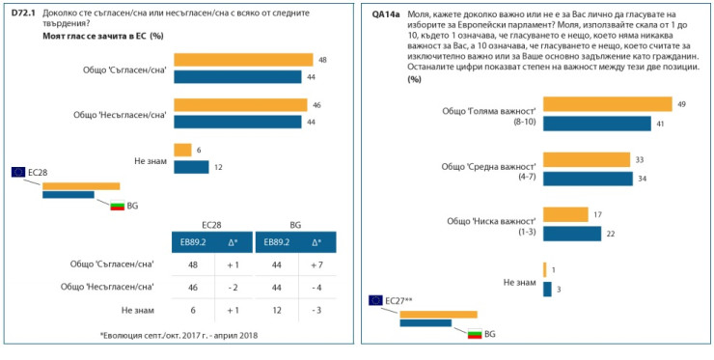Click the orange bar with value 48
point(243,60)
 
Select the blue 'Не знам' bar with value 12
point(191,166)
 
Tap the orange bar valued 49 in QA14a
point(608,104)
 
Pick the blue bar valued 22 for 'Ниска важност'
point(572,234)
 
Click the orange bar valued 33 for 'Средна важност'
point(587,159)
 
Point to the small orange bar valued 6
point(182,150)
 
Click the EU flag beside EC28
point(18,172)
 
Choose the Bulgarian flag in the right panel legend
point(474,334)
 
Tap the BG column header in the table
point(295,222)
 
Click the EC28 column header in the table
point(210,222)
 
